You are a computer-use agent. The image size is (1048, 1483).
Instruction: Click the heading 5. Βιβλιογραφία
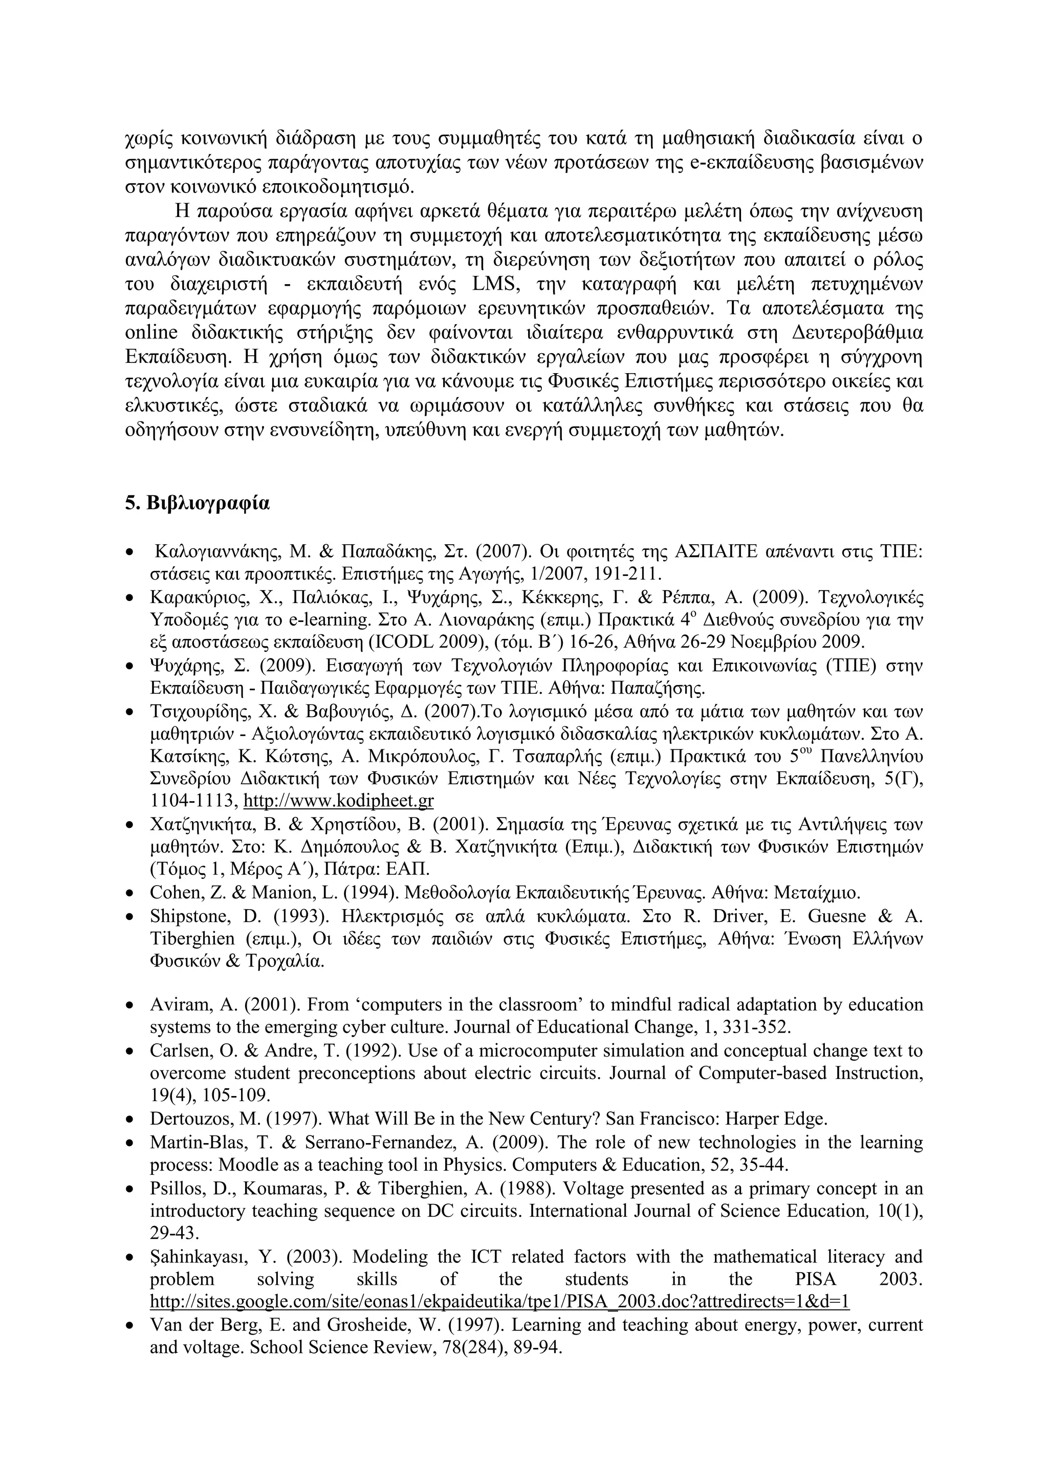(x=197, y=503)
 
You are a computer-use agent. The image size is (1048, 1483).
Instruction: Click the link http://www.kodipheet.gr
(x=338, y=802)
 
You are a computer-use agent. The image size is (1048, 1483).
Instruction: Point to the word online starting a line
(x=151, y=333)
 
